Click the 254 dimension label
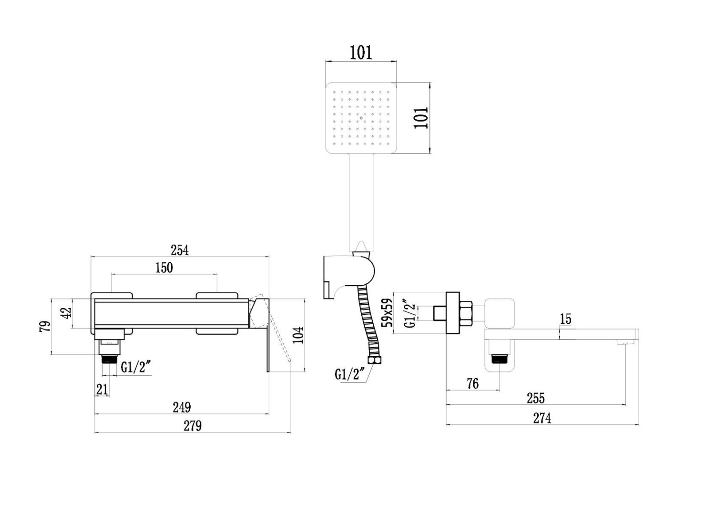pyautogui.click(x=180, y=250)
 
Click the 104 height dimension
pyautogui.click(x=297, y=335)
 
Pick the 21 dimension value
pyautogui.click(x=102, y=390)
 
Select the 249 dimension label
pyautogui.click(x=182, y=408)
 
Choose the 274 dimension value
pyautogui.click(x=542, y=418)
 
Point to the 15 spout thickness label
pyautogui.click(x=565, y=319)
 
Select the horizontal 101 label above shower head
pyautogui.click(x=361, y=52)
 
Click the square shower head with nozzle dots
pyautogui.click(x=361, y=118)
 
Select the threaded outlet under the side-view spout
pyautogui.click(x=499, y=358)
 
